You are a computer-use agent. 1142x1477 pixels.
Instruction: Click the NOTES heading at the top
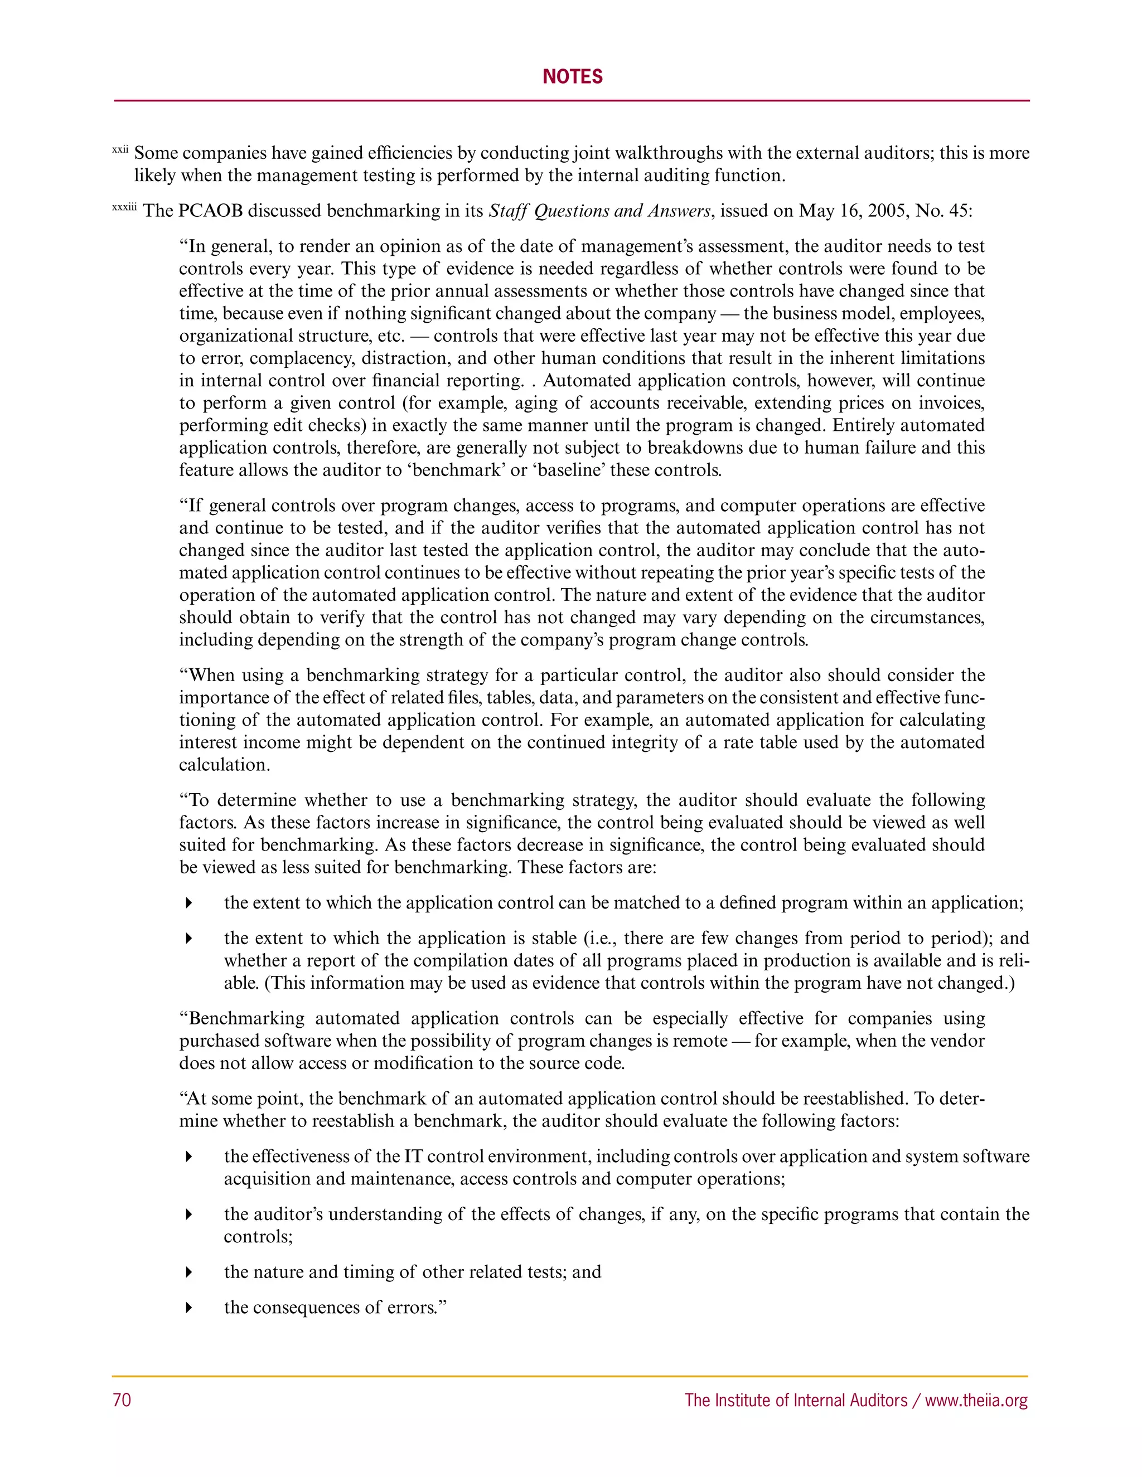click(572, 76)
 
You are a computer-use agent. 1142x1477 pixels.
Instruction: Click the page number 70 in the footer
click(122, 1400)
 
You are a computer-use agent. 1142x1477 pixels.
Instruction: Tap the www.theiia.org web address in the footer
click(976, 1400)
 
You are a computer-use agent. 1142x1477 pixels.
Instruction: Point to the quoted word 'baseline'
click(568, 470)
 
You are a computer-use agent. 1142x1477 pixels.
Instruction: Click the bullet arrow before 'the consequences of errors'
click(190, 1307)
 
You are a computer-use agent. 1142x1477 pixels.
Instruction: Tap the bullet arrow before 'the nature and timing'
click(190, 1272)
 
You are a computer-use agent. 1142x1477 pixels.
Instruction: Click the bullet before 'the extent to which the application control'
click(190, 903)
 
